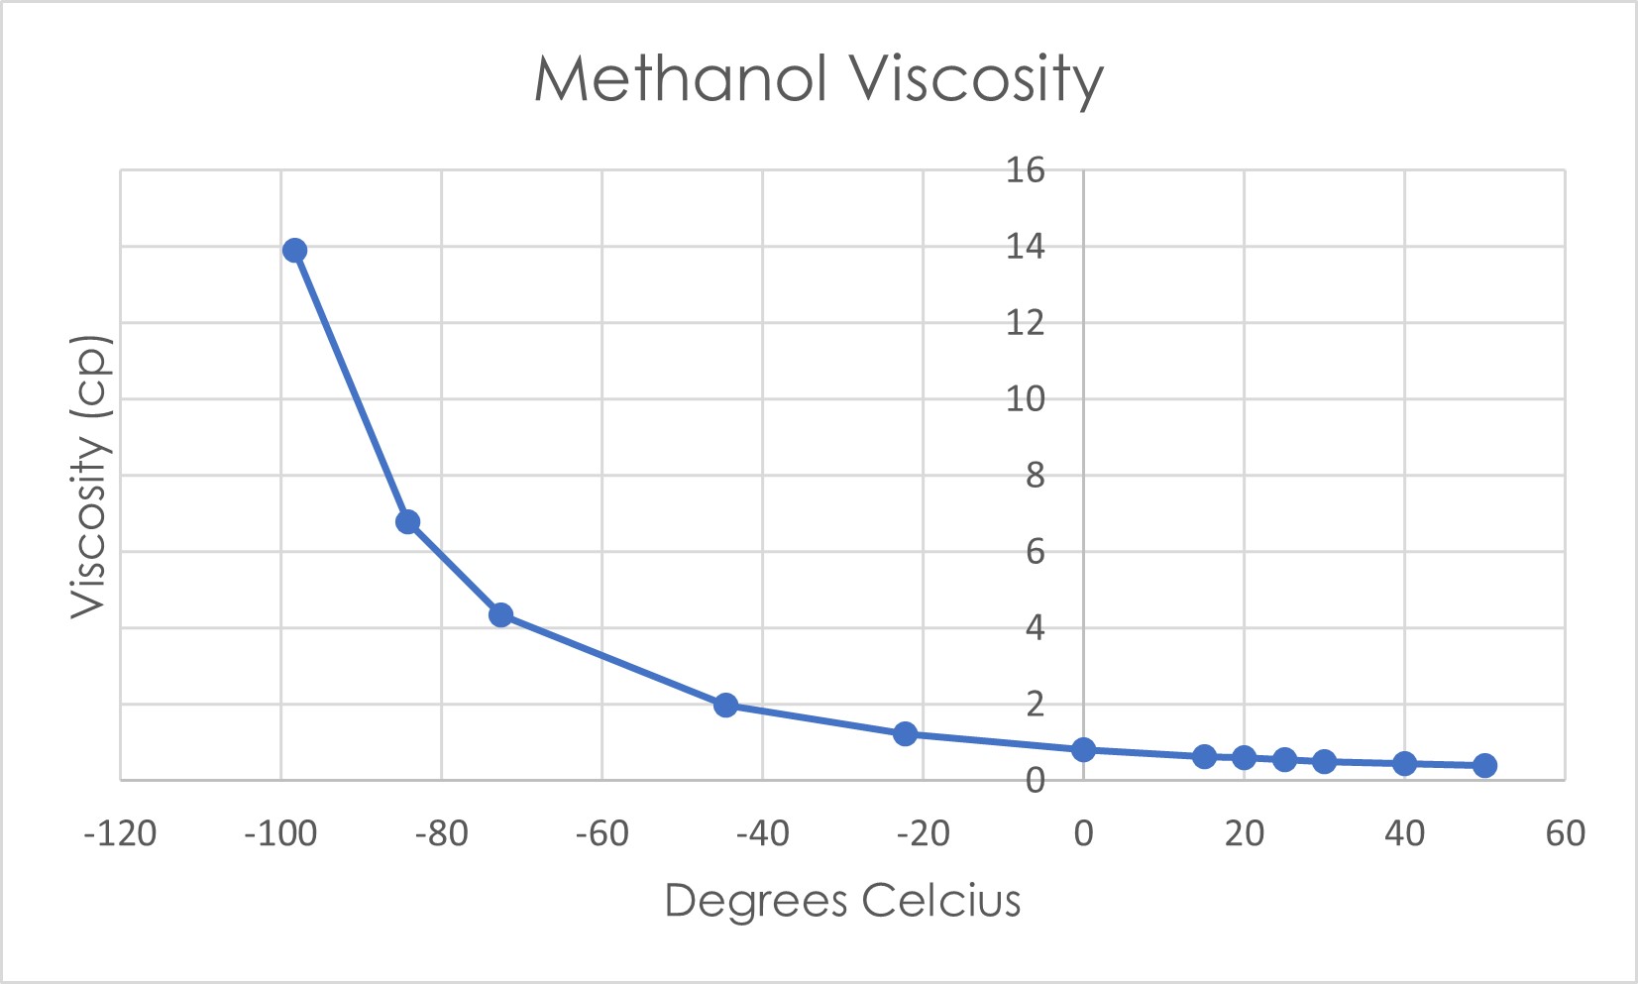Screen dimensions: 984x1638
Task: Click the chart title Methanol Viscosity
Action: tap(819, 79)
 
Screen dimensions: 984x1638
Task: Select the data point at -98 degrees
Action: tap(294, 251)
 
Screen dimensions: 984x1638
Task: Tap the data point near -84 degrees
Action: tap(407, 522)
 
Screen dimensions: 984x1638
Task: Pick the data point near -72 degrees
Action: tap(500, 615)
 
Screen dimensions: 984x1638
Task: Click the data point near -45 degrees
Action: tap(725, 706)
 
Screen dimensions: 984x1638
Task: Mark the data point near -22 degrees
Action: tap(905, 734)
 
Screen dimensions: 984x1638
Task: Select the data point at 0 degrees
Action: tap(1083, 750)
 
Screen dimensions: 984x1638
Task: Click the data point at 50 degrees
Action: tap(1484, 765)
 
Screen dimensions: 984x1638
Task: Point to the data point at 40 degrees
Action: tap(1404, 763)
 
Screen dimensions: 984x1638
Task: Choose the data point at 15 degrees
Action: tap(1204, 757)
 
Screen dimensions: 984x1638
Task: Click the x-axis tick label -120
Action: tap(120, 834)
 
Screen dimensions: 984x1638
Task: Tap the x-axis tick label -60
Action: tap(601, 834)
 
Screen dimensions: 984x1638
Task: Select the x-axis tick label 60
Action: tap(1565, 834)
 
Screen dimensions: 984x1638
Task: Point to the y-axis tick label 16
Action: tap(1026, 170)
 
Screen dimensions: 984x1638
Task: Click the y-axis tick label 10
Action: tap(1026, 399)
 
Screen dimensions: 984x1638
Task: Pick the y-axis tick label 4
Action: tap(1035, 628)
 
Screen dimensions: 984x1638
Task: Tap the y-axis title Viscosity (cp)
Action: tap(89, 477)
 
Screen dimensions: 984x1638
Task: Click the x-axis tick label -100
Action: tap(280, 834)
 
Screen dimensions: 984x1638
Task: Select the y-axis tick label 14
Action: tap(1026, 247)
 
